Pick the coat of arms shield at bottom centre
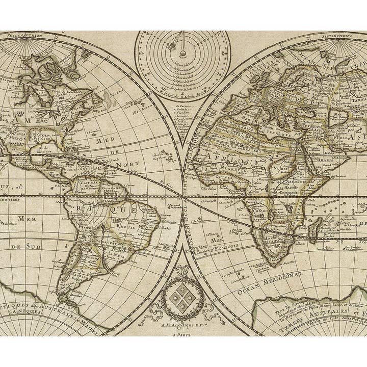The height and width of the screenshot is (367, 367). tap(182, 298)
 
